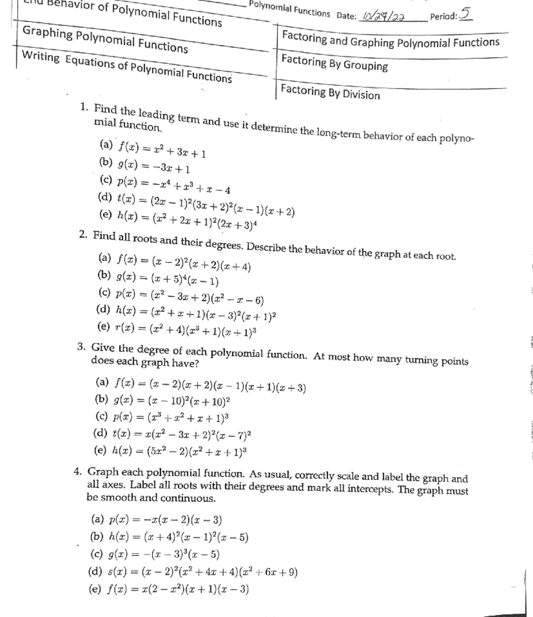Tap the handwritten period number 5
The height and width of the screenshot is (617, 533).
point(465,13)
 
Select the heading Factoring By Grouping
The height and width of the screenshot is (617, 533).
point(334,63)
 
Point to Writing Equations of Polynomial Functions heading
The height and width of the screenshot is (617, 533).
point(127,67)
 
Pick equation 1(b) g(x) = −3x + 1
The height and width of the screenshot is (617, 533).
point(144,166)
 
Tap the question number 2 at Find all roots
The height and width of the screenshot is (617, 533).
point(83,235)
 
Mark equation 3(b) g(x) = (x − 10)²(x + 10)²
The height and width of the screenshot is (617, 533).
point(163,401)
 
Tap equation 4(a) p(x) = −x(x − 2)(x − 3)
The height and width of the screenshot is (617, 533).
point(156,519)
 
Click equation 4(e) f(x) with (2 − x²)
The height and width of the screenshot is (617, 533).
point(169,589)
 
